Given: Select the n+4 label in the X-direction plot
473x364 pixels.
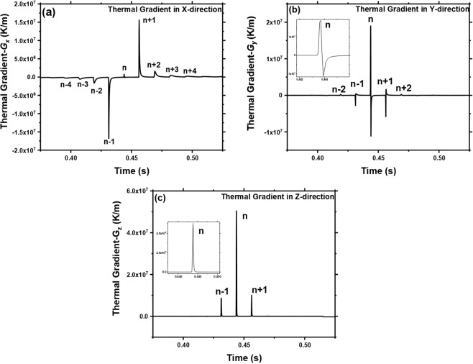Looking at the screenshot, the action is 190,70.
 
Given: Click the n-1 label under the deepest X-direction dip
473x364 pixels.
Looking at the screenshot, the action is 110,142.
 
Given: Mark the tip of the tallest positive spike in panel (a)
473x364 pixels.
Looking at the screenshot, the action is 139,20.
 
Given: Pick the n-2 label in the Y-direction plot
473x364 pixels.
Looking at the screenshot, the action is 339,89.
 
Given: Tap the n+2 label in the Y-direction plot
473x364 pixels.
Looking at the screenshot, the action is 404,88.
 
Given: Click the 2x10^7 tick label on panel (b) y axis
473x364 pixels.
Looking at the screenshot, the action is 273,24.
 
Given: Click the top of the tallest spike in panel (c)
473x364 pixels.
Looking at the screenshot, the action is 236,210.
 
